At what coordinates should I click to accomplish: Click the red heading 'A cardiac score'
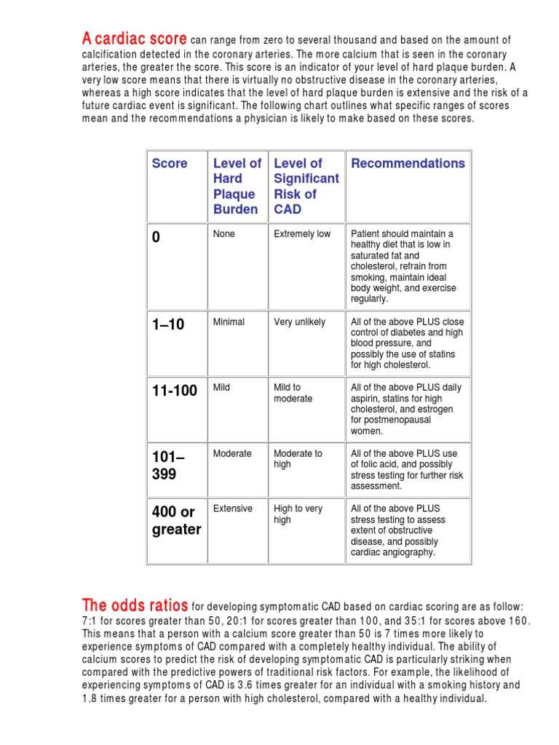(x=135, y=37)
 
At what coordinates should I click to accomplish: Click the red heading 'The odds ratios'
(x=135, y=605)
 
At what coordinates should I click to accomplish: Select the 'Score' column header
(x=170, y=164)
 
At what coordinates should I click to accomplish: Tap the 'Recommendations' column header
(x=408, y=164)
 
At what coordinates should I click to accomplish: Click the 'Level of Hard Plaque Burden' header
(x=237, y=186)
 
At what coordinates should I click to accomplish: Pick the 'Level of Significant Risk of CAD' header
(x=306, y=186)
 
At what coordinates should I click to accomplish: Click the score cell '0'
(x=156, y=237)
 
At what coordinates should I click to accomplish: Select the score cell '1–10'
(x=168, y=325)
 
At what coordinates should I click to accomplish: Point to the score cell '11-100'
(x=175, y=391)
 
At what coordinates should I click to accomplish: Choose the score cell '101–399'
(x=168, y=466)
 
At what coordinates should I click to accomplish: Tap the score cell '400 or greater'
(x=176, y=521)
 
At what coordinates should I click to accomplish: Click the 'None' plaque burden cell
(x=224, y=234)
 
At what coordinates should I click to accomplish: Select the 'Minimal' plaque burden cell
(x=229, y=322)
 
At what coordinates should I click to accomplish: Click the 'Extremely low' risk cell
(x=302, y=234)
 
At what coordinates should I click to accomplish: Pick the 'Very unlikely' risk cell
(x=300, y=322)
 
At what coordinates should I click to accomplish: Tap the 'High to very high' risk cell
(x=298, y=514)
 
